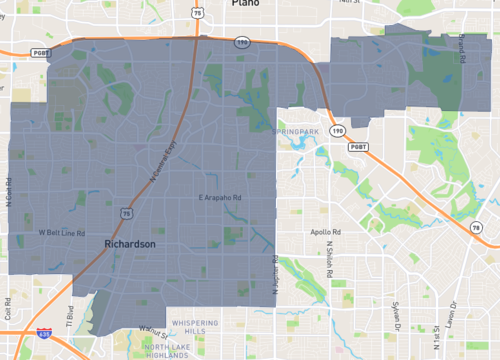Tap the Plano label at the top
pyautogui.click(x=245, y=4)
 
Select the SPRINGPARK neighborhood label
pyautogui.click(x=298, y=131)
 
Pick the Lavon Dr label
pyautogui.click(x=467, y=318)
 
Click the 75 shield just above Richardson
pyautogui.click(x=123, y=213)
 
